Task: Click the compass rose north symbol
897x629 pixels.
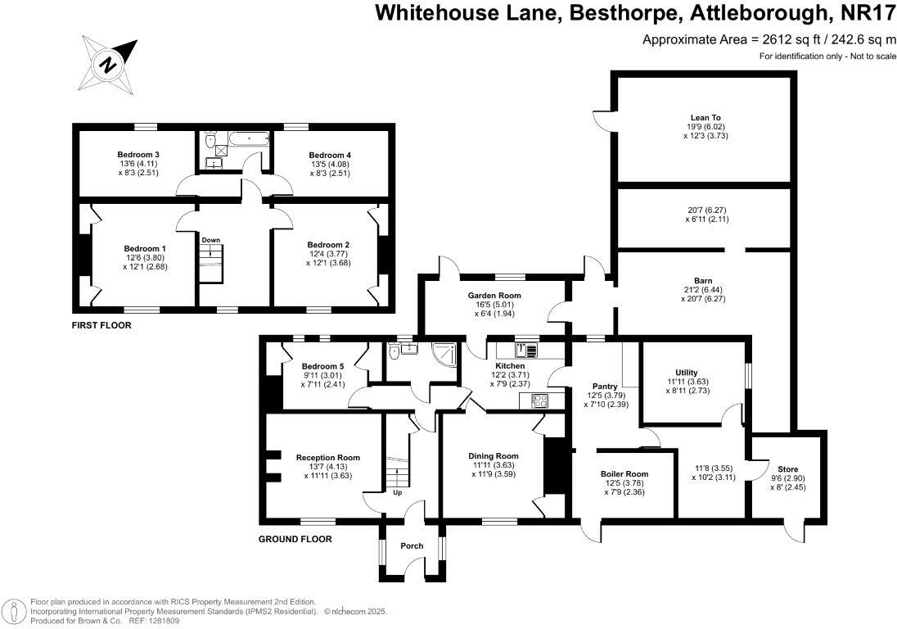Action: pos(106,62)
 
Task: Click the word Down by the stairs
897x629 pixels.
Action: pos(211,240)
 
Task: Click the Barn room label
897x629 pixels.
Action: pos(702,281)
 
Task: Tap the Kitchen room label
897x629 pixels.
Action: pos(510,365)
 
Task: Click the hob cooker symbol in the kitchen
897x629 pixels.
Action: pos(540,400)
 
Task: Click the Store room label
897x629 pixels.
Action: pos(783,459)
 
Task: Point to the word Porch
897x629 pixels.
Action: pos(412,546)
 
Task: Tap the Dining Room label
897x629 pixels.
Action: pos(494,456)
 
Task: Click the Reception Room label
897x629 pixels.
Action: pos(328,457)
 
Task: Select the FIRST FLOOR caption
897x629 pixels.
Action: pos(101,325)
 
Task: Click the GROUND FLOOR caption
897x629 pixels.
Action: pos(295,539)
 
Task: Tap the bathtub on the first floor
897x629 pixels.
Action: pos(246,140)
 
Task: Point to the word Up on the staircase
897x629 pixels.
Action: pos(398,493)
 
